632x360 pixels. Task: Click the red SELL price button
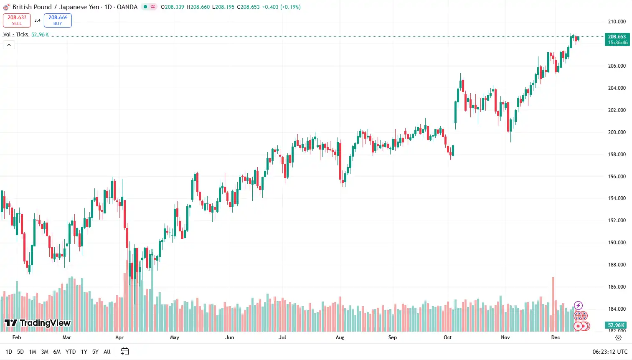17,20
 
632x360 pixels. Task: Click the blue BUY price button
58,20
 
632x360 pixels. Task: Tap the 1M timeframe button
33,352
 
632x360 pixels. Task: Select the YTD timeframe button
71,352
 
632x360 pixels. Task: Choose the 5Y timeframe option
95,352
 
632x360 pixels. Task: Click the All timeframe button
107,352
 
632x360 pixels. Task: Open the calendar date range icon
124,351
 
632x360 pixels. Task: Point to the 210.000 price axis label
617,22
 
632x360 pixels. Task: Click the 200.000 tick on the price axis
617,132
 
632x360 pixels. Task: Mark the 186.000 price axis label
617,287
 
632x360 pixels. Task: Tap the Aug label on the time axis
340,337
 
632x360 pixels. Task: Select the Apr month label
119,337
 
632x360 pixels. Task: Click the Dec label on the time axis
555,337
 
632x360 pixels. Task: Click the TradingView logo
38,323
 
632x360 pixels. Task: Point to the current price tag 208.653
617,39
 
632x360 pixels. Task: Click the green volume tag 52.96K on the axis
616,325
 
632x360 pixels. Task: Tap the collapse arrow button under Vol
9,45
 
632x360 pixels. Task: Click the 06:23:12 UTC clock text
610,352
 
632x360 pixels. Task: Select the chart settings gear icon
619,337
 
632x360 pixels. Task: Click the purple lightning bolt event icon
578,306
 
